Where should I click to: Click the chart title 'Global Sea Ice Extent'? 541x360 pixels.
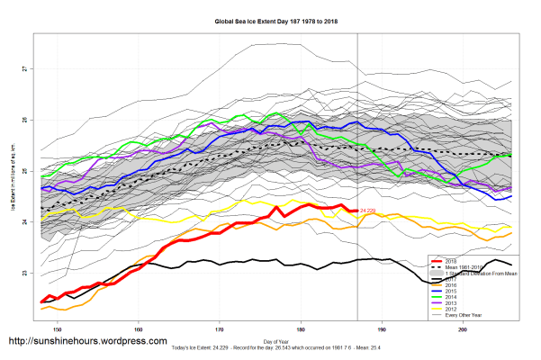tap(275, 19)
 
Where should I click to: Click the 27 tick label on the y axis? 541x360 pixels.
tap(24, 68)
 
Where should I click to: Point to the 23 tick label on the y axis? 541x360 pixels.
tap(24, 273)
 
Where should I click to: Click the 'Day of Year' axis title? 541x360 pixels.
tap(274, 343)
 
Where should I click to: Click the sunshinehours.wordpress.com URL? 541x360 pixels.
tap(87, 342)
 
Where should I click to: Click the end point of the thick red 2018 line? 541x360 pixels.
tap(357, 211)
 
